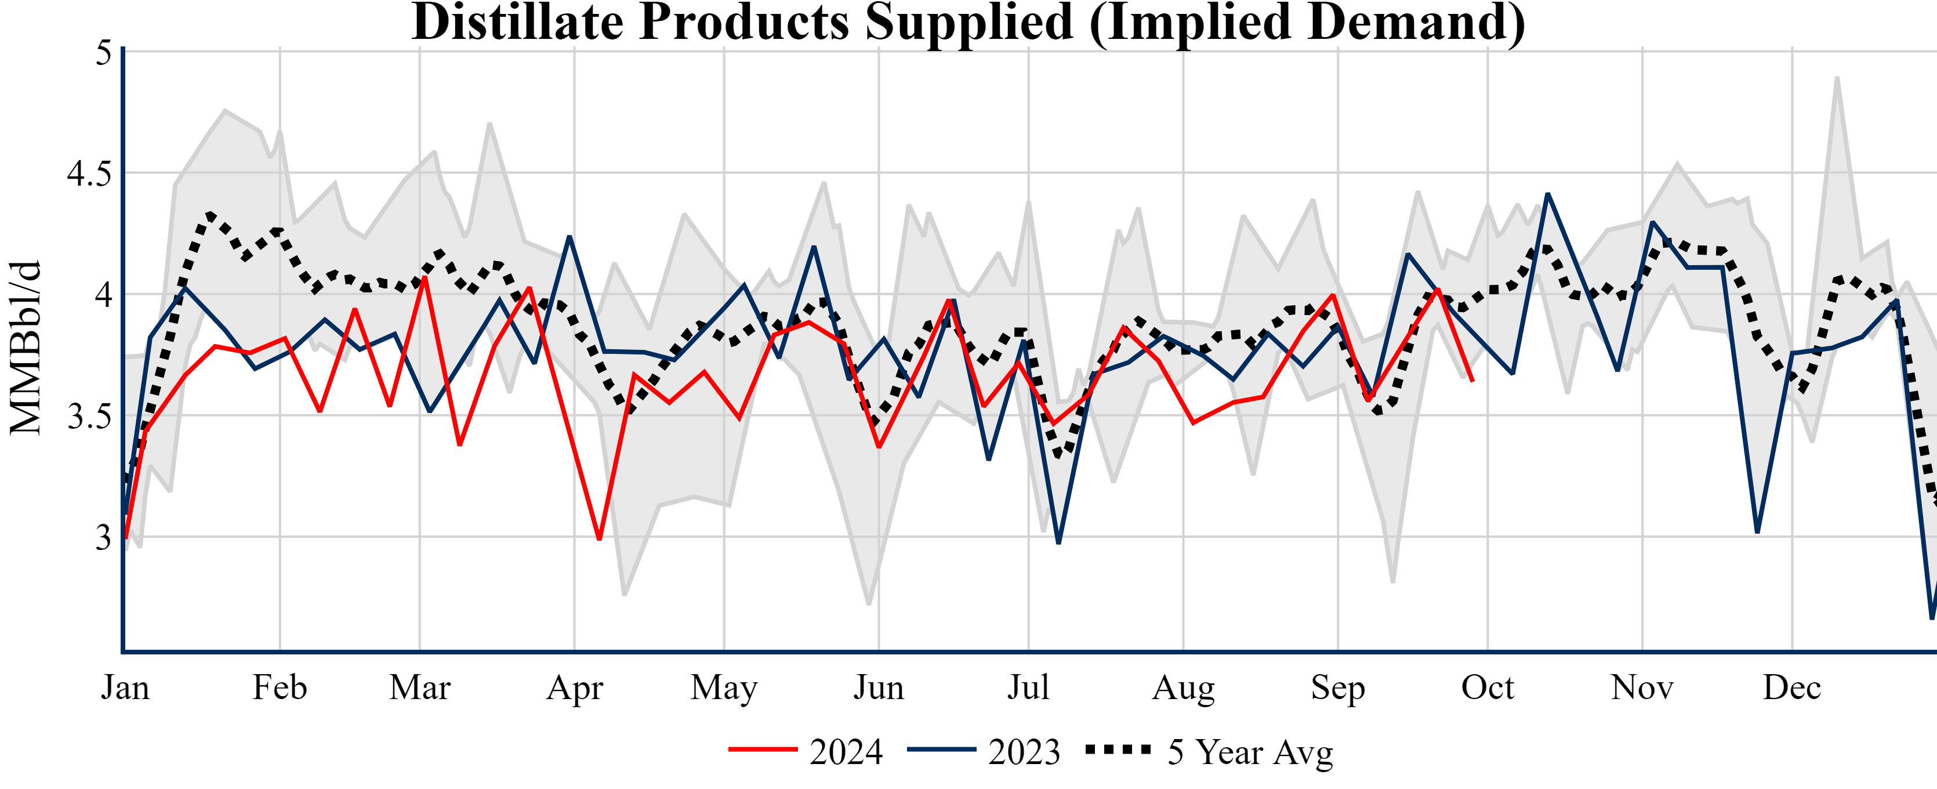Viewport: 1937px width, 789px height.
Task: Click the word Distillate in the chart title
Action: [517, 23]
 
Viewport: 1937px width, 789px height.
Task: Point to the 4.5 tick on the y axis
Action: [89, 173]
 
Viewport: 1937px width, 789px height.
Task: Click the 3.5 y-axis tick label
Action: [89, 417]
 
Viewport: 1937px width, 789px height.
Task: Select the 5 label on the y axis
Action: [103, 53]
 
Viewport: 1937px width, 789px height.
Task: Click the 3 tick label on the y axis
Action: [103, 538]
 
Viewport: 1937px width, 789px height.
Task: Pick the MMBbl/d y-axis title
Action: [26, 348]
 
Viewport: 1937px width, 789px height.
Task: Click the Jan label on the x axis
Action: [125, 687]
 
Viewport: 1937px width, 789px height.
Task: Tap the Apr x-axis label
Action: [575, 687]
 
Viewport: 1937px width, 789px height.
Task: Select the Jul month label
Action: [1028, 687]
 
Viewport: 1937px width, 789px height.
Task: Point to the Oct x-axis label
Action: [1488, 687]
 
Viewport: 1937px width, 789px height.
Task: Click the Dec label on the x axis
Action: [1792, 687]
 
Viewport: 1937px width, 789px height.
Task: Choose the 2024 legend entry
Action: [806, 751]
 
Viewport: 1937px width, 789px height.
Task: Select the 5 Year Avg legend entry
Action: [1209, 751]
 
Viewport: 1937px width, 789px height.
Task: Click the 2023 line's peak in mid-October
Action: [1547, 194]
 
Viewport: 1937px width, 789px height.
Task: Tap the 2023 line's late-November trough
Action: [1757, 532]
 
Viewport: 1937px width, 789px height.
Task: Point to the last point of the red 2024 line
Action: [1472, 381]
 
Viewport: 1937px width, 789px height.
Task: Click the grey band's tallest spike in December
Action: [1837, 78]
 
